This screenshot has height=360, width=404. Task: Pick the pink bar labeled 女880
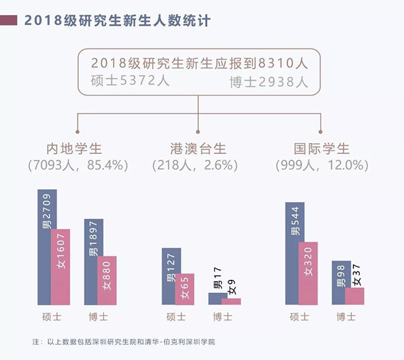(x=107, y=280)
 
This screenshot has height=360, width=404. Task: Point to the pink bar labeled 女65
(x=185, y=289)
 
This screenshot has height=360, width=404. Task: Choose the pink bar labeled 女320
(x=308, y=273)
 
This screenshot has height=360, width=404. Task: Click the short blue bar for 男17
(x=218, y=298)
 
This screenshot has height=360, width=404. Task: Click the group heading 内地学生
(x=74, y=149)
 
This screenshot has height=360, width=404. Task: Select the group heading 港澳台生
(x=198, y=149)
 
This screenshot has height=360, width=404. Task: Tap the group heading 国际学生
(x=322, y=149)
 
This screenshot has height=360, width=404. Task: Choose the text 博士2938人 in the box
(x=269, y=81)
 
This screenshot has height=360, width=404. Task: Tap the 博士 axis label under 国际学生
(x=346, y=316)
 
